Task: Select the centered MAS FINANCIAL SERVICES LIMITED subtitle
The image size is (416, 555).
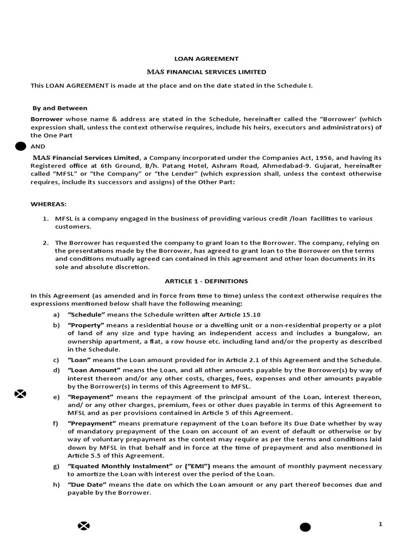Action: [x=207, y=72]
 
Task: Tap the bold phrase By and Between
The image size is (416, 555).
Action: [x=60, y=108]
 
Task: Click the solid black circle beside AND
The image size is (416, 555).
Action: [x=21, y=146]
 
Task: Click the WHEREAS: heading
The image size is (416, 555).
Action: [x=48, y=203]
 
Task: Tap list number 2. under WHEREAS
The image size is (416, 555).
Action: [x=46, y=242]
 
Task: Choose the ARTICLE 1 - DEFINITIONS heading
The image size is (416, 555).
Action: [x=206, y=281]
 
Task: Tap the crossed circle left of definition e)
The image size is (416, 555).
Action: [x=20, y=393]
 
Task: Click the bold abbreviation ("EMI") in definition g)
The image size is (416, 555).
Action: [x=198, y=466]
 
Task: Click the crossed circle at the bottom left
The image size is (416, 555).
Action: [x=83, y=525]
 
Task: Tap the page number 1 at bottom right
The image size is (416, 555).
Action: [x=380, y=524]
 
